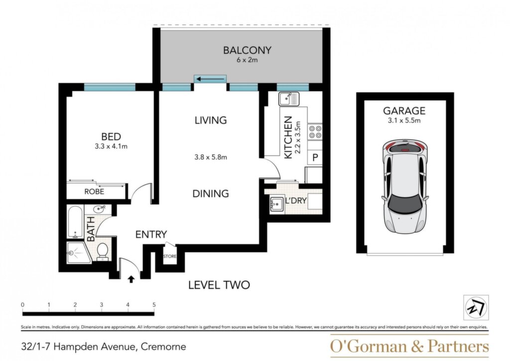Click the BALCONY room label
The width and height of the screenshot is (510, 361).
(x=247, y=50)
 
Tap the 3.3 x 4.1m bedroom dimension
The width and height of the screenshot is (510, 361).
(x=111, y=147)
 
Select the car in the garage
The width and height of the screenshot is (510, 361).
(x=404, y=187)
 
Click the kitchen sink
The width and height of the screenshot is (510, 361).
(x=289, y=99)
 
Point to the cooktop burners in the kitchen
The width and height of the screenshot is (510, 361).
(x=315, y=132)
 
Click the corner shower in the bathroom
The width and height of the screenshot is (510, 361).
(x=78, y=253)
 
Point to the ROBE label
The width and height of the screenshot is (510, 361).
(x=94, y=191)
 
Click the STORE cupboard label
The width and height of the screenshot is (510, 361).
(x=169, y=256)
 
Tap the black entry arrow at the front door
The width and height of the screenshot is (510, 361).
(x=131, y=279)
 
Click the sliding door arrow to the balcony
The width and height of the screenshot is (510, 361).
(x=211, y=79)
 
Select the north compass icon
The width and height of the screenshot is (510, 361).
(x=476, y=308)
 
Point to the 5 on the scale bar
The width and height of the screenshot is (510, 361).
(x=154, y=305)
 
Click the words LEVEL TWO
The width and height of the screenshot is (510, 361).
(x=219, y=285)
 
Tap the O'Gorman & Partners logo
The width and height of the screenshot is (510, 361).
(x=409, y=346)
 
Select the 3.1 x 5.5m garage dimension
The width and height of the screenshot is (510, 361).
(x=404, y=121)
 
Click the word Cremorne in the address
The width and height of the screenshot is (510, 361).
(x=163, y=347)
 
